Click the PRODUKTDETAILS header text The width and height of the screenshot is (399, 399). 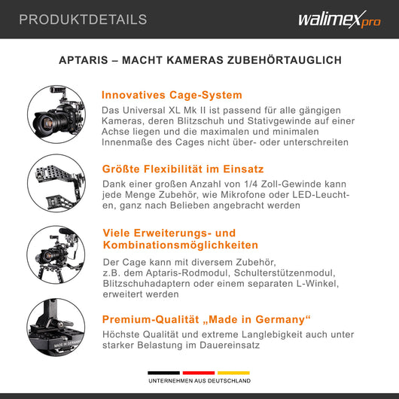(83, 20)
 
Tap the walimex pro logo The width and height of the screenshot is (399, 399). (340, 20)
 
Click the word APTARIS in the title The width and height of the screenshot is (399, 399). (84, 60)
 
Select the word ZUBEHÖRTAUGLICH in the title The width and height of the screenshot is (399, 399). (285, 60)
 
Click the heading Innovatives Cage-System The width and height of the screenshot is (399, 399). (172, 95)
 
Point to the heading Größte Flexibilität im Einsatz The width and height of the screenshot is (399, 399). (183, 169)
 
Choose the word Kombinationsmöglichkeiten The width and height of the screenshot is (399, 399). (181, 245)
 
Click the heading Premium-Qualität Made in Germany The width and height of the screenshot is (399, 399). (206, 319)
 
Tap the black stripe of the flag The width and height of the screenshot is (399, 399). (163, 373)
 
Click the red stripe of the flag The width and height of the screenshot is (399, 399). (199, 373)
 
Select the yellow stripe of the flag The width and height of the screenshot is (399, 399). (233, 373)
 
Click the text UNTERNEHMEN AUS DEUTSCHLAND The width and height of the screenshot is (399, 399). (200, 381)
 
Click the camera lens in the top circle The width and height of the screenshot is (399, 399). (46, 122)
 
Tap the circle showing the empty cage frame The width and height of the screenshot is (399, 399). (56, 183)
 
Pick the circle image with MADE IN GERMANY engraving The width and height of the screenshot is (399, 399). (56, 327)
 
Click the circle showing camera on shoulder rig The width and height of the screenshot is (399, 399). (56, 254)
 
